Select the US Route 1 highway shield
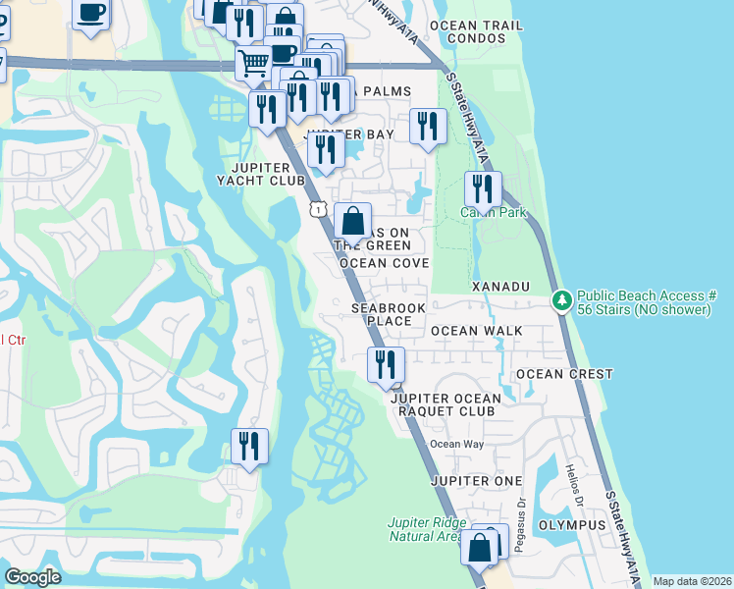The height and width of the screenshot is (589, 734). pyautogui.click(x=318, y=209)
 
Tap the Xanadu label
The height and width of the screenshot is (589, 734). pyautogui.click(x=500, y=286)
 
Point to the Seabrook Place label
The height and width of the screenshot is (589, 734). pyautogui.click(x=382, y=314)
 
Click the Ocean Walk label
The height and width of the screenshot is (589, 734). pyautogui.click(x=477, y=331)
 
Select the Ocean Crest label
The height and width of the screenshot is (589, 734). pyautogui.click(x=564, y=374)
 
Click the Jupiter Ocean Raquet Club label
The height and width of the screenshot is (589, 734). pyautogui.click(x=445, y=404)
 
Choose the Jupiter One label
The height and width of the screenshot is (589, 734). pyautogui.click(x=476, y=481)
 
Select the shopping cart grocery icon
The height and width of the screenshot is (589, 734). pyautogui.click(x=254, y=64)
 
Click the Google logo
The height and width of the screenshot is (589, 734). pyautogui.click(x=33, y=577)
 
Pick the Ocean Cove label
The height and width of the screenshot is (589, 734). pyautogui.click(x=384, y=264)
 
